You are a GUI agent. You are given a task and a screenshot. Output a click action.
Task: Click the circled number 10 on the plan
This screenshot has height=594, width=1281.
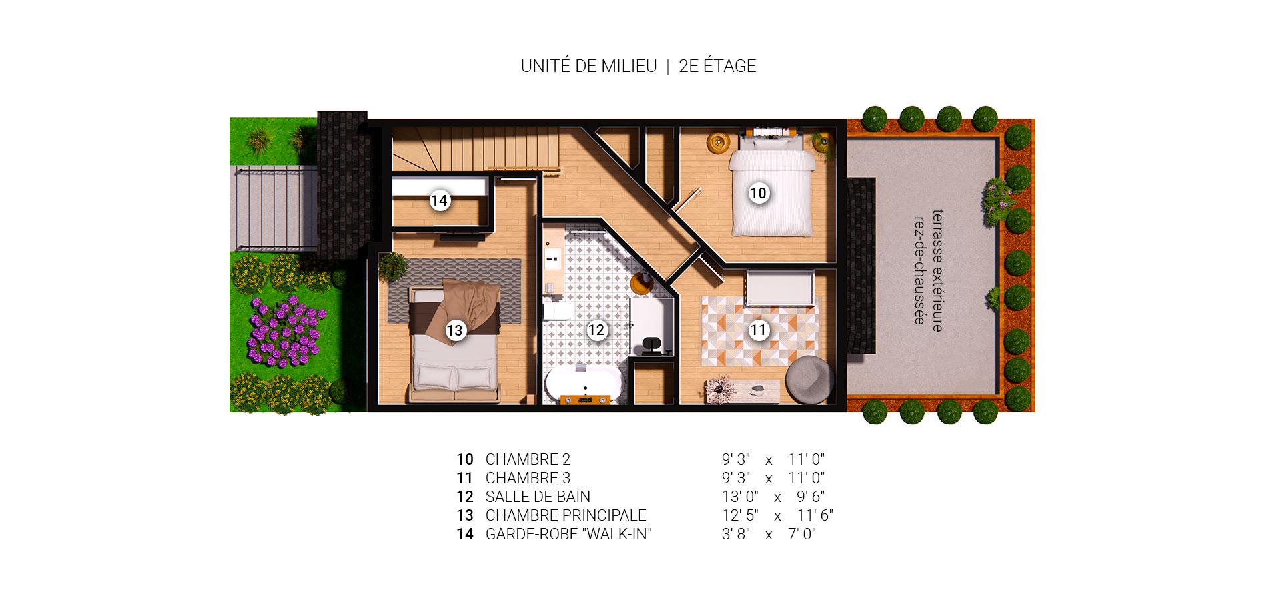(x=758, y=194)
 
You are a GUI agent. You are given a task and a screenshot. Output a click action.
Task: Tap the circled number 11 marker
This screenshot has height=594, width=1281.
(x=758, y=330)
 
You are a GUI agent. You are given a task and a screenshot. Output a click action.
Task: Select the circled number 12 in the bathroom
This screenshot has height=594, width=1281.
(x=596, y=330)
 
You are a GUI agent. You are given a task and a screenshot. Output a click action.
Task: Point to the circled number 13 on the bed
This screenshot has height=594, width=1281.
(x=455, y=330)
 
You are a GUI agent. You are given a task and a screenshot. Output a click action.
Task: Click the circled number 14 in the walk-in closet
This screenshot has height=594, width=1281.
(x=439, y=200)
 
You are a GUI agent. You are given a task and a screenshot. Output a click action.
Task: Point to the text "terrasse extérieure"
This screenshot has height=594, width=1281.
(x=937, y=270)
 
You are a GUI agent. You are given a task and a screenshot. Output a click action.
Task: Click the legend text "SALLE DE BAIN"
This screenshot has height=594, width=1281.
(x=538, y=497)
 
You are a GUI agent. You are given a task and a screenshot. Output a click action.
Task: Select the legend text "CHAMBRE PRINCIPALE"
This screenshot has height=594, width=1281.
(x=566, y=515)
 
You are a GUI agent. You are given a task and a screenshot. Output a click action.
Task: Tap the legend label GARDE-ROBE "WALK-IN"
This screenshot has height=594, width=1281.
(x=568, y=534)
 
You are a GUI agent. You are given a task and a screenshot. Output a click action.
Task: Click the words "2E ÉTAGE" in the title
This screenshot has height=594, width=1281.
(x=717, y=66)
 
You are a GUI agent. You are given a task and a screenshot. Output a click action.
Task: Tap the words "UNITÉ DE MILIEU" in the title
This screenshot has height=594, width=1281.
(x=588, y=66)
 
